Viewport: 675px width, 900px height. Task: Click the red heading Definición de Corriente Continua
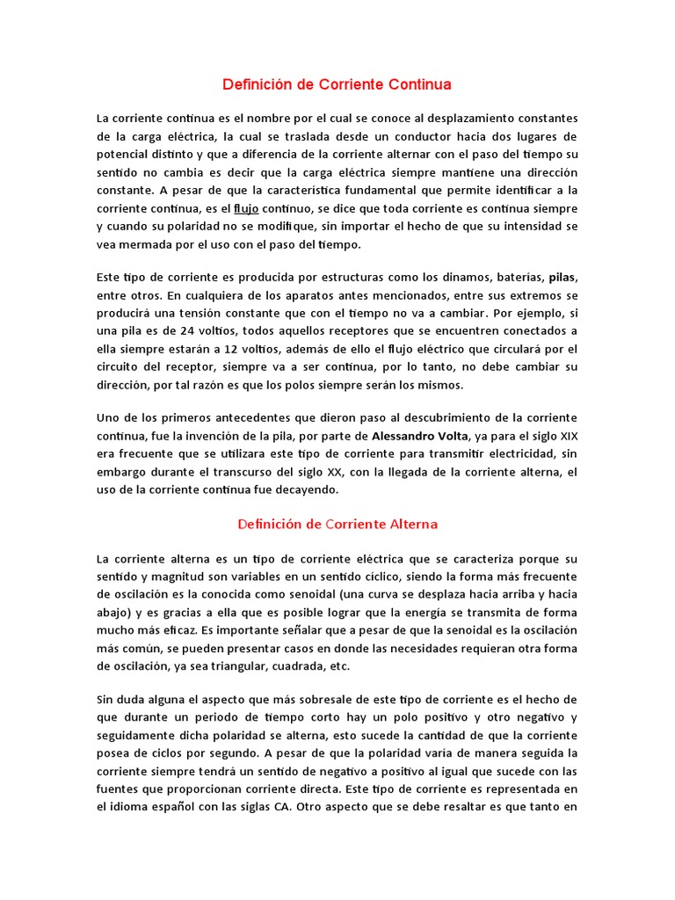(x=337, y=85)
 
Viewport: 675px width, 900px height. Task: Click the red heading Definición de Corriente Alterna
(x=337, y=524)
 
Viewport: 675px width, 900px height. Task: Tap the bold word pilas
(x=563, y=278)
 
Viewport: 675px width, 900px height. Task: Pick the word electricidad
(x=518, y=454)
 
